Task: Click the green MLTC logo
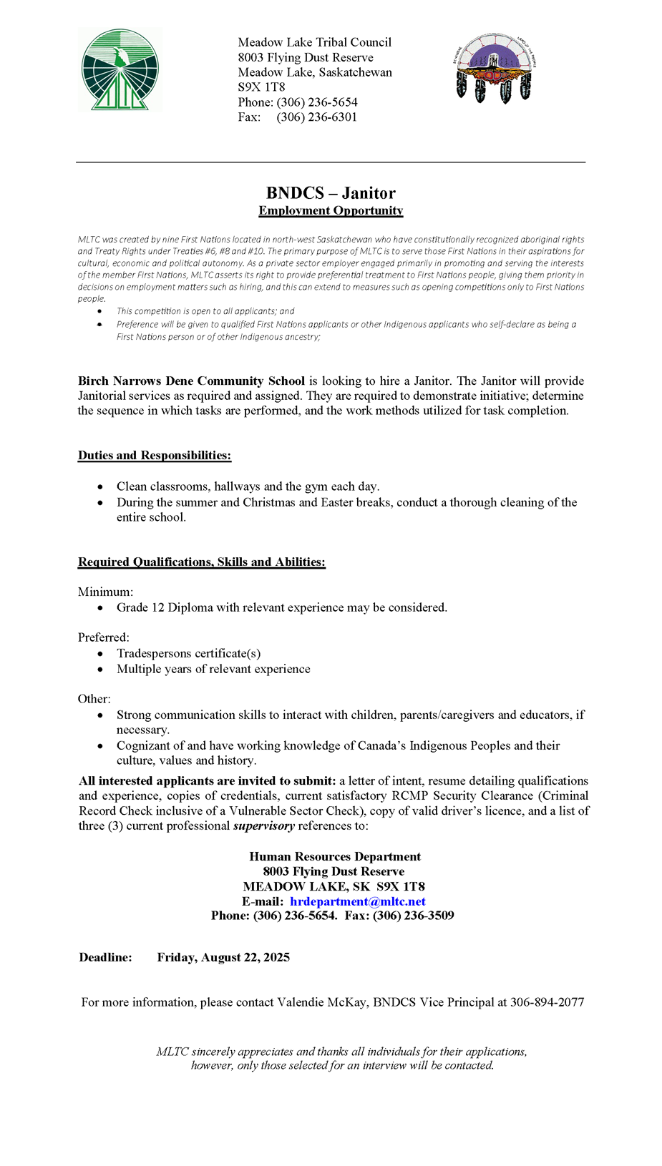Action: click(x=120, y=70)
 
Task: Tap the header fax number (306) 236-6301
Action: click(x=316, y=117)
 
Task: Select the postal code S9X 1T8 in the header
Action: click(x=261, y=87)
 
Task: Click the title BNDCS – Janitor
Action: click(x=331, y=193)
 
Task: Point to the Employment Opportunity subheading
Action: click(x=331, y=210)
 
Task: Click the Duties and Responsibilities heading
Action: click(x=155, y=456)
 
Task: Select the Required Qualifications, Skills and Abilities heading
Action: click(x=202, y=562)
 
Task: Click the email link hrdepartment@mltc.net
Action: click(x=358, y=901)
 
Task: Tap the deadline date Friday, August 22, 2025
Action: click(x=223, y=957)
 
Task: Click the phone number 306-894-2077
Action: click(x=547, y=1002)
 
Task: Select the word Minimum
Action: click(x=104, y=592)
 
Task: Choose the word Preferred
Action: click(x=103, y=637)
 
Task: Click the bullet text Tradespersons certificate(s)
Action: click(x=189, y=653)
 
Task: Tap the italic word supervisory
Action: click(x=263, y=825)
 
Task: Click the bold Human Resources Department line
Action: click(x=335, y=856)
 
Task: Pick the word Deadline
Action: click(x=105, y=957)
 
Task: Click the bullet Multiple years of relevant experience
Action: click(x=213, y=669)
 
